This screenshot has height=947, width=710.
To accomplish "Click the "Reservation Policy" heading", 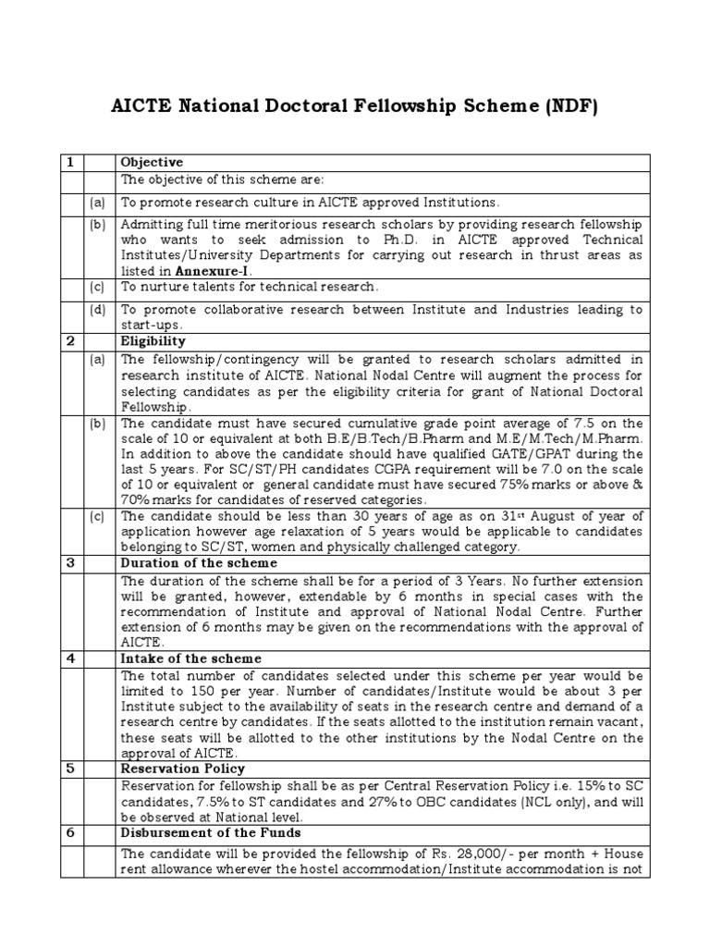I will [183, 769].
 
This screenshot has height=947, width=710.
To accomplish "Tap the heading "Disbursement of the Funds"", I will [211, 832].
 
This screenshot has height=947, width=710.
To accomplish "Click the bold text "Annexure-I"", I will [214, 271].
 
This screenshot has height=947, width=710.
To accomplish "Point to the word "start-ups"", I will [151, 326].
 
